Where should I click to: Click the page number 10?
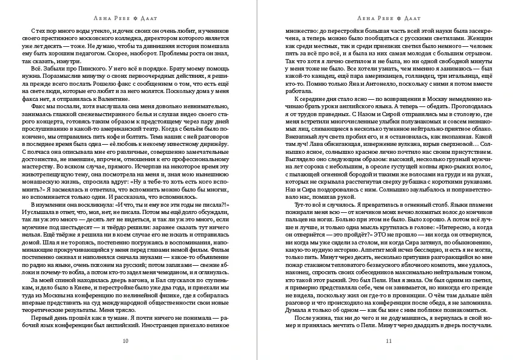click(x=125, y=340)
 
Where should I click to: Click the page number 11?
click(x=389, y=340)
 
